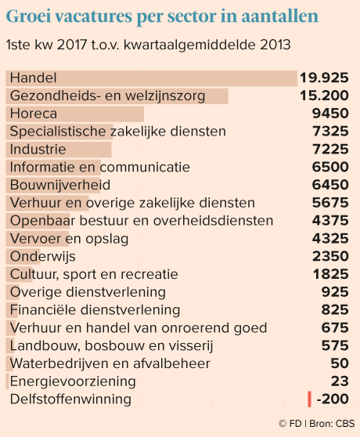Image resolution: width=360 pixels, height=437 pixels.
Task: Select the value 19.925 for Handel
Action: [324, 78]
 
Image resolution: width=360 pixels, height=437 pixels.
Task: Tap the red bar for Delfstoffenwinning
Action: [309, 399]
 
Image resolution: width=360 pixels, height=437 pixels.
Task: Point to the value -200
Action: [333, 399]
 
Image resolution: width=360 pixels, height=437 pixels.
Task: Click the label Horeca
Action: [34, 114]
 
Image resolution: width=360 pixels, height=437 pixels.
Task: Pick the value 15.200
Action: [324, 96]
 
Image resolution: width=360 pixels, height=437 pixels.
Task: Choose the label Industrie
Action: [38, 150]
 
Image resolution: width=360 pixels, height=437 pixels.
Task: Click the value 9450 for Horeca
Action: [330, 114]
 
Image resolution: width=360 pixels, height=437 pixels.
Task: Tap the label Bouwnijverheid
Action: [60, 185]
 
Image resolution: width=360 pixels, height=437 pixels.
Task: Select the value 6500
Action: [330, 167]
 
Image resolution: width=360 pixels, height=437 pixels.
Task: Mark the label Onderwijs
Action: [42, 257]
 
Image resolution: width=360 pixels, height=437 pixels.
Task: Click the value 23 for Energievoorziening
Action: [340, 381]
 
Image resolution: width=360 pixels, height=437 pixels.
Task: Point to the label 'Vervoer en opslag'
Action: [69, 239]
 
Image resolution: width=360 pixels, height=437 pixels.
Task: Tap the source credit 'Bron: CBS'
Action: [332, 424]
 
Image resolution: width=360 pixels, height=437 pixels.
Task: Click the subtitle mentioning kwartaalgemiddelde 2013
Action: [149, 45]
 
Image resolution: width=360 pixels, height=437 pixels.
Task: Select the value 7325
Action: [330, 132]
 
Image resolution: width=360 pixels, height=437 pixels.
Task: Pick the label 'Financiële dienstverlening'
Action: [95, 310]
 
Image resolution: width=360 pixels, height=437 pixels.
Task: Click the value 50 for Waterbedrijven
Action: [340, 363]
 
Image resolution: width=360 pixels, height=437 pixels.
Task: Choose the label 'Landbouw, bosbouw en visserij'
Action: [111, 346]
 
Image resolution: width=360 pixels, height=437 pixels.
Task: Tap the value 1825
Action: [331, 274]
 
